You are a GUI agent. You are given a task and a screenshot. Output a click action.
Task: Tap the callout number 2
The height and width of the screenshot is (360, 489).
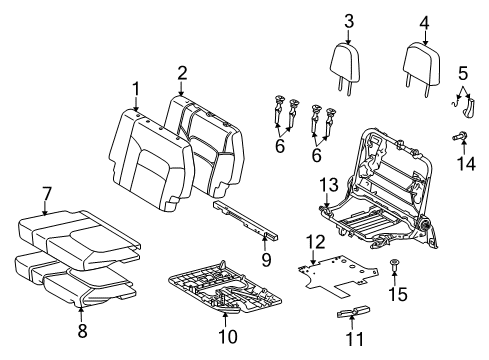[x=182, y=71]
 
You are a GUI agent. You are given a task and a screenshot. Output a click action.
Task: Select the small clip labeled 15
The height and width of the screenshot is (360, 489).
[x=396, y=264]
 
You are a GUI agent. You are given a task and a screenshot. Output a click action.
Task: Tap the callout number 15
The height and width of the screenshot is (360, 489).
[x=400, y=297]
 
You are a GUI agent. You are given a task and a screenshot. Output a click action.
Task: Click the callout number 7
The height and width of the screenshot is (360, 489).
[x=47, y=192]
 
